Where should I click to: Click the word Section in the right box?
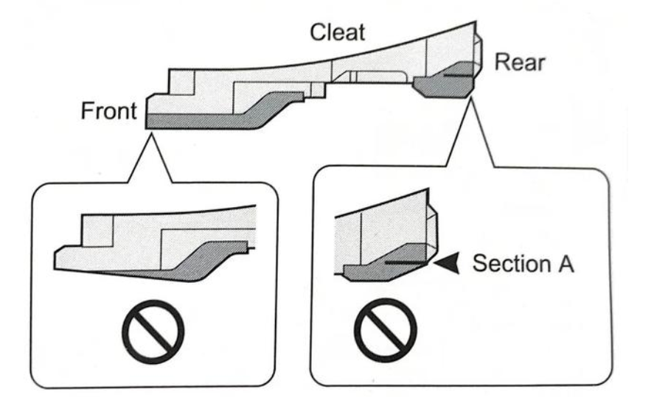coord(503,264)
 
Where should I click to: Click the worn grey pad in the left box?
coord(199,262)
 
